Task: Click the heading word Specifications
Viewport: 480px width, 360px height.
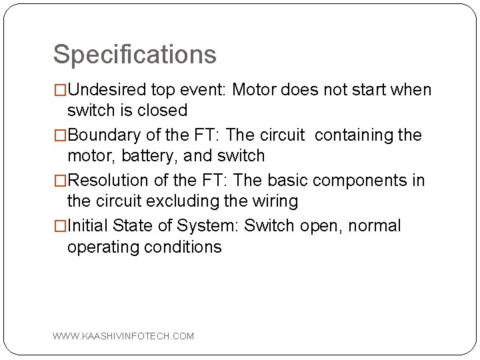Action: coord(135,55)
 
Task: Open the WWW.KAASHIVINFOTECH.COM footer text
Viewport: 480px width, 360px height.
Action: coord(123,336)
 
